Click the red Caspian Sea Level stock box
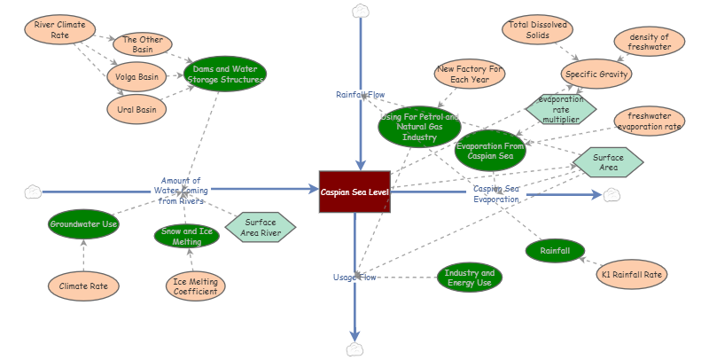354,192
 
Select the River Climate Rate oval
59,30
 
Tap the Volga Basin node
136,77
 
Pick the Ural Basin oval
136,110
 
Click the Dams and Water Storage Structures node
225,74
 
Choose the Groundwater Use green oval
83,224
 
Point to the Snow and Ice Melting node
187,236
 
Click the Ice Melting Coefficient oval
195,286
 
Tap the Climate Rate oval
82,286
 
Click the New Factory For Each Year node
470,74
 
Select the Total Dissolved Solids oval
536,30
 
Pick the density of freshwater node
650,41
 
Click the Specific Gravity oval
596,74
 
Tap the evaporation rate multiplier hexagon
560,109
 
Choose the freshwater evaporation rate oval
650,121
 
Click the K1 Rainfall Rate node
631,275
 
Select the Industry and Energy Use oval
470,278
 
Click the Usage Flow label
354,278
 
